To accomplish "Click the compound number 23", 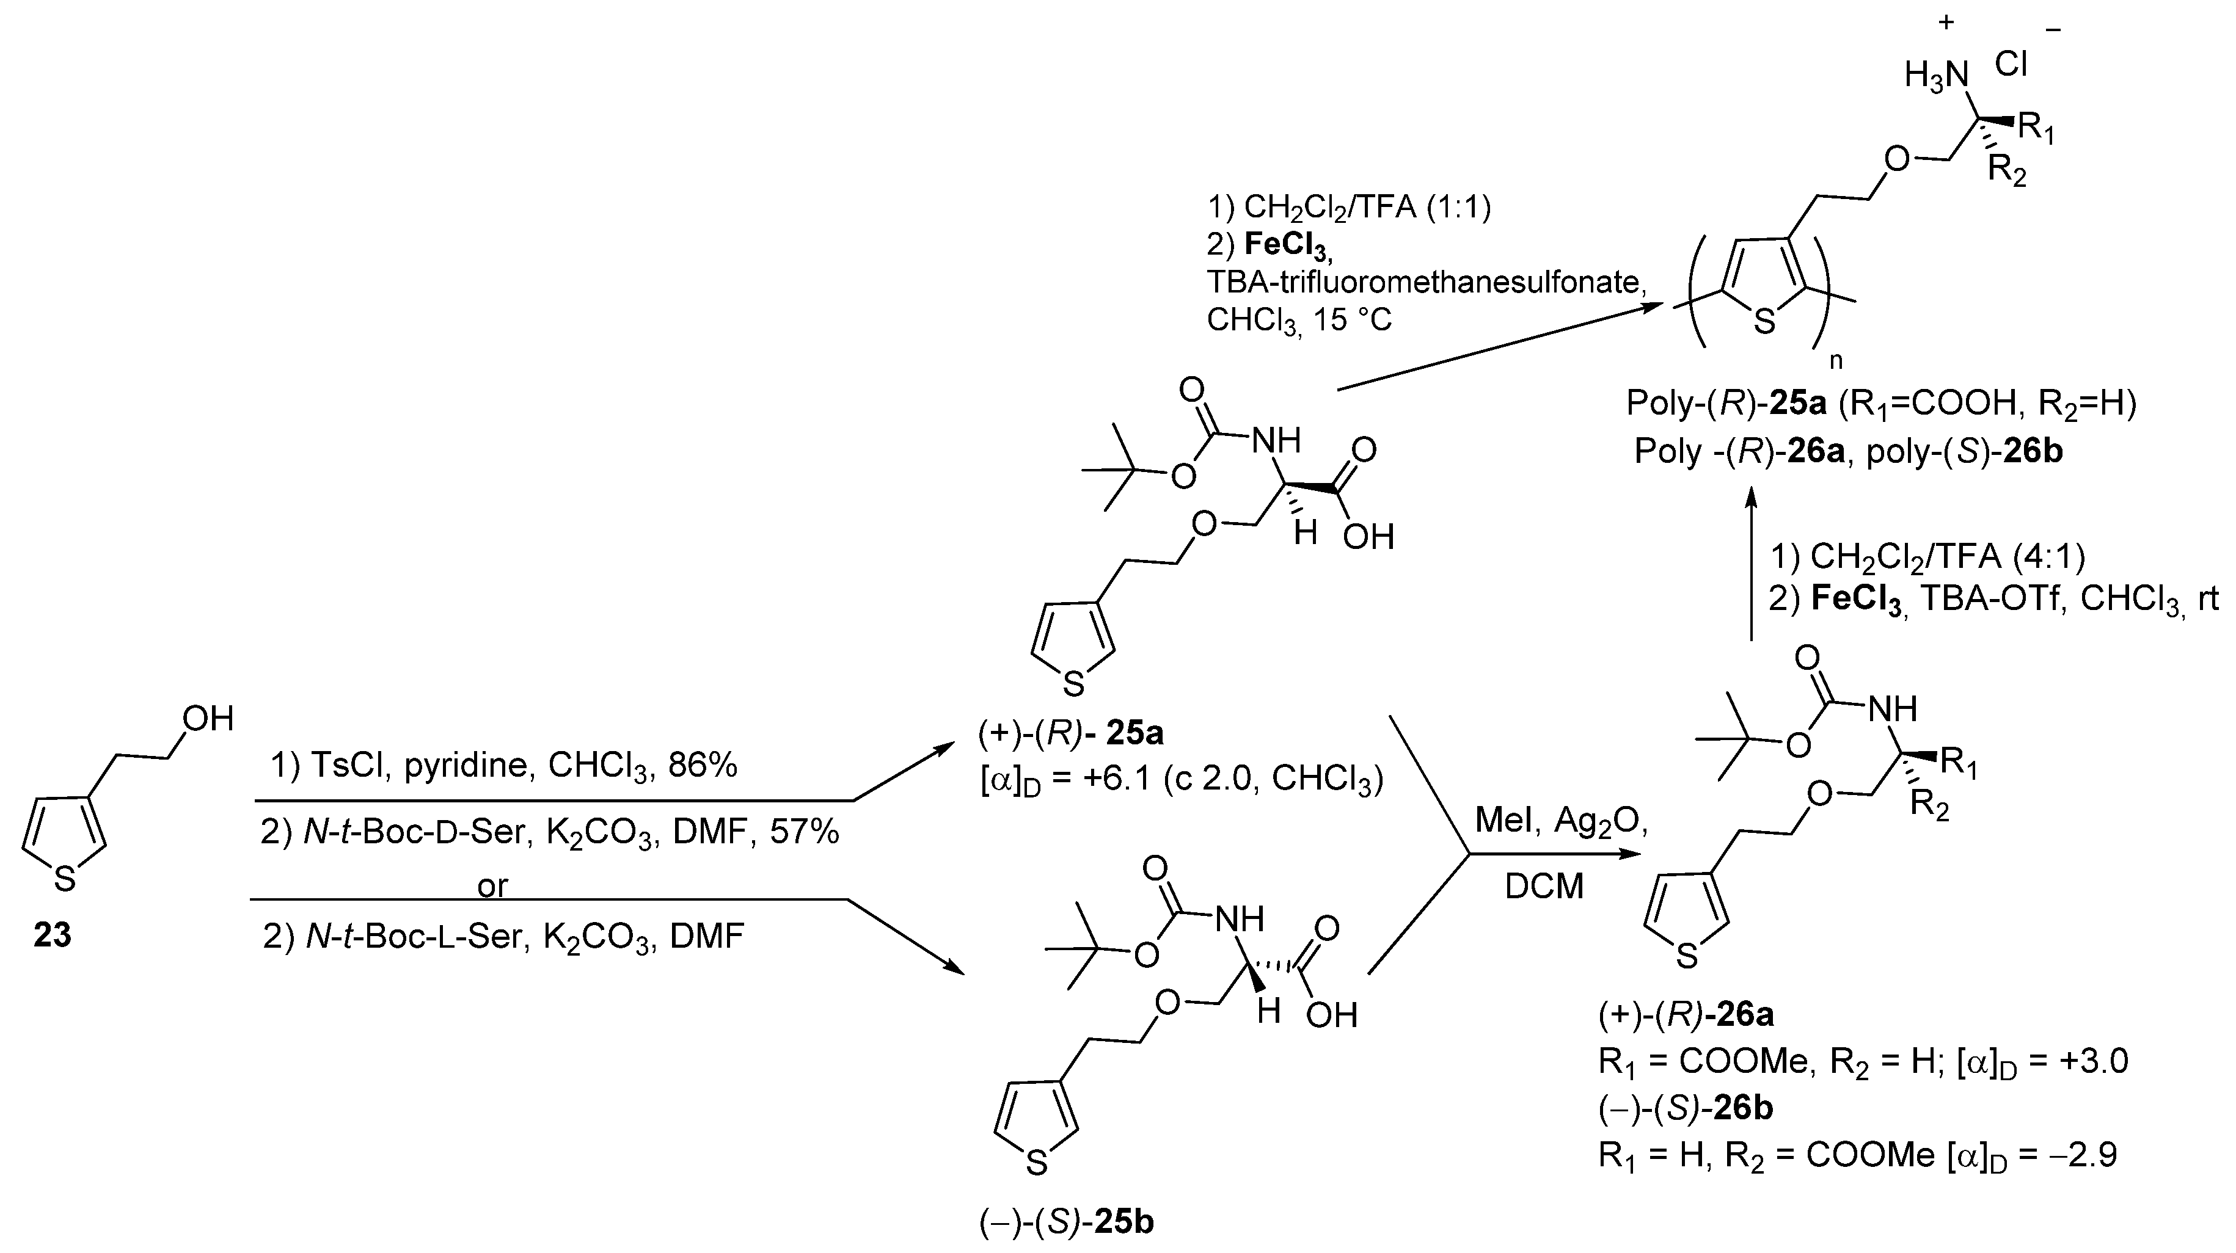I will [x=52, y=935].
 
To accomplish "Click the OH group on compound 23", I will [x=208, y=719].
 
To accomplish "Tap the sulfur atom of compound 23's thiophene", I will [x=65, y=880].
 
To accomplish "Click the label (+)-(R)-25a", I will [x=1071, y=734].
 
